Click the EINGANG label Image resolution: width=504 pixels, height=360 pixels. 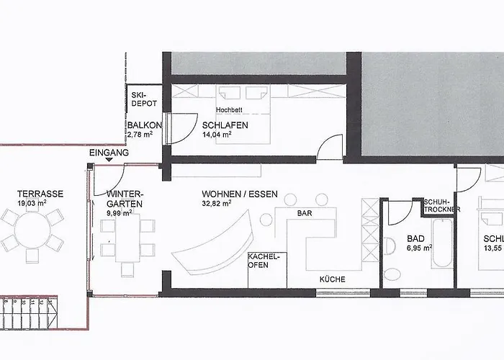pos(109,153)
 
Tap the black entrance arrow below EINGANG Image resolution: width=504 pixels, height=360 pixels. pos(109,159)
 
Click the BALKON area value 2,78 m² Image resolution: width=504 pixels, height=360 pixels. pos(140,135)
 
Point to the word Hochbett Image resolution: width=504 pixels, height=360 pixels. pos(229,110)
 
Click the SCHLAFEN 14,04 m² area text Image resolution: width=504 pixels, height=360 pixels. pos(217,135)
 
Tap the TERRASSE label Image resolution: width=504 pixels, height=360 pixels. pos(40,194)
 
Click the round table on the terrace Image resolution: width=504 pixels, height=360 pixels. pos(32,230)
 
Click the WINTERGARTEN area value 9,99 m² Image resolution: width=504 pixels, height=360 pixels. pos(119,212)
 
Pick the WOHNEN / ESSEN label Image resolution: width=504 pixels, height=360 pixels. pos(240,194)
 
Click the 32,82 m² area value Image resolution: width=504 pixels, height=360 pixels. pos(217,203)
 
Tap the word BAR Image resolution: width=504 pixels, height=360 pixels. pos(305,213)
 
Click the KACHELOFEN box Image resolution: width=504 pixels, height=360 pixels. pos(267,270)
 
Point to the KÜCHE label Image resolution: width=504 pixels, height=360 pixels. pos(333,279)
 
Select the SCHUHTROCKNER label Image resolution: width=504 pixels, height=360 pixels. pos(441,206)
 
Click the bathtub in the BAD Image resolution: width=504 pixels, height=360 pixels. pos(442,243)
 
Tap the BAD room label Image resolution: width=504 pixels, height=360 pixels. pos(415,238)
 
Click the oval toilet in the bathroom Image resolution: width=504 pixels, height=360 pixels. pos(392,274)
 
